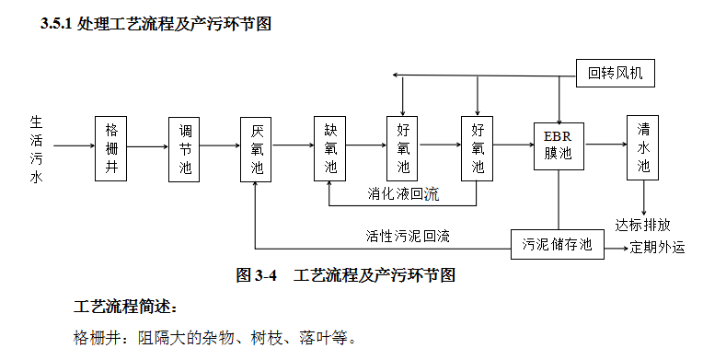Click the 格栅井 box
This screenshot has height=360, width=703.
[111, 145]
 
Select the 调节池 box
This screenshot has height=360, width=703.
[184, 145]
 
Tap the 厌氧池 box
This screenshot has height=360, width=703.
[257, 145]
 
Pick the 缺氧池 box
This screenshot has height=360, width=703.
[330, 145]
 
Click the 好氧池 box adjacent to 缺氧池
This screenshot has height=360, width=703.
[403, 145]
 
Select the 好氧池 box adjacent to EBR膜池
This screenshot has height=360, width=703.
[478, 145]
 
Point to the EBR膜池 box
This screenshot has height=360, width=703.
[559, 145]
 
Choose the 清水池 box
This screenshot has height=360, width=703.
[643, 145]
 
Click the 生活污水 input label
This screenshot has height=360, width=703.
[36, 145]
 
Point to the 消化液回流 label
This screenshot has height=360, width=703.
[403, 194]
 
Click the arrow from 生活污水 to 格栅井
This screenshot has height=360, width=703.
[75, 145]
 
